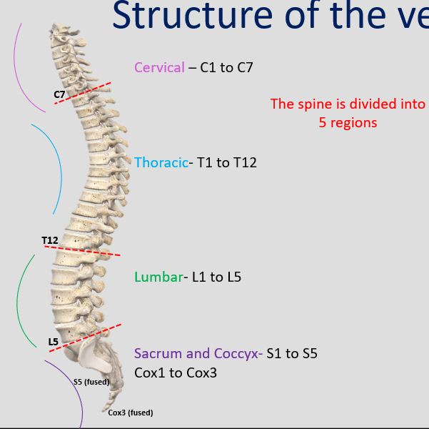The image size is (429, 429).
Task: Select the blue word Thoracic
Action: [x=161, y=163]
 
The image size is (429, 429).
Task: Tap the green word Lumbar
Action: [x=158, y=277]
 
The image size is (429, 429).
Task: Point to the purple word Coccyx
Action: [x=237, y=354]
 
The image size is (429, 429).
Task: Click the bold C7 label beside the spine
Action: [x=60, y=94]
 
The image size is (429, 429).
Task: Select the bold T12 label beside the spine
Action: [x=50, y=240]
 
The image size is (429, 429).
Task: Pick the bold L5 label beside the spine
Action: [x=54, y=342]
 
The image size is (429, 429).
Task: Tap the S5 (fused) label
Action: [x=91, y=382]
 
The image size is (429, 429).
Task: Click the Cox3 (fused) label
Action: [x=131, y=413]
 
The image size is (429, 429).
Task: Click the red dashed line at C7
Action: [x=83, y=93]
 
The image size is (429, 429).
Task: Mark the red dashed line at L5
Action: [x=86, y=337]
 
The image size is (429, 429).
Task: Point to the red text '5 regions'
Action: [x=348, y=122]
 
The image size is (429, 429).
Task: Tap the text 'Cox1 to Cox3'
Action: [x=176, y=373]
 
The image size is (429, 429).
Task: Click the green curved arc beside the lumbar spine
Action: [x=21, y=300]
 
